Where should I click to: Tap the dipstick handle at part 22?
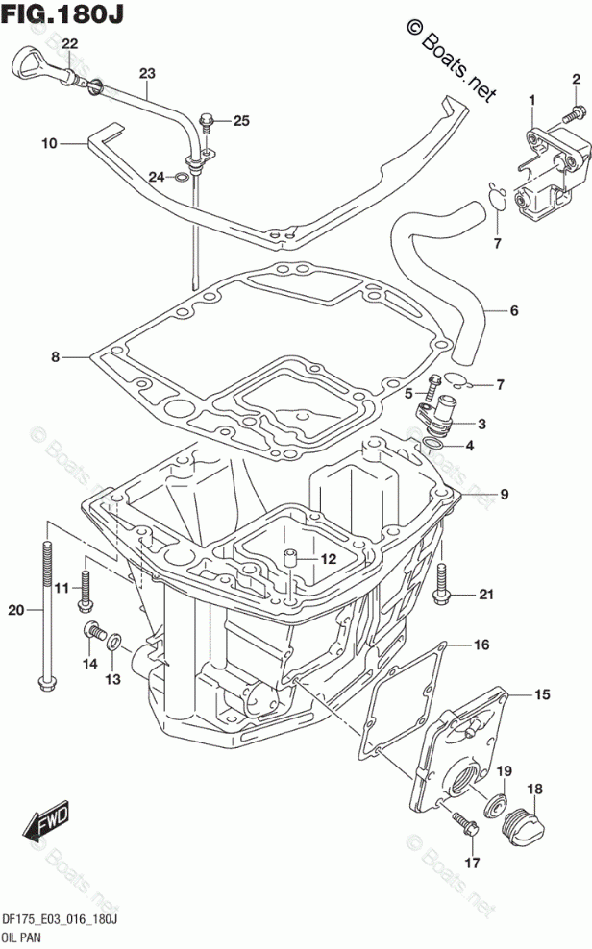[x=27, y=66]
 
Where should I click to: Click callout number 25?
[x=240, y=121]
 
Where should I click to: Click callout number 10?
[x=49, y=144]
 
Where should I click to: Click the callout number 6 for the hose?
[x=513, y=310]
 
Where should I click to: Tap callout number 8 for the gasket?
[x=56, y=357]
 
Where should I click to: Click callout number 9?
[x=504, y=496]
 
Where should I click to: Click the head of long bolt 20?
[x=43, y=683]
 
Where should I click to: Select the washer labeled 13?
[x=113, y=642]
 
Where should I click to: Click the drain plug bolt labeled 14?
[x=94, y=632]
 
